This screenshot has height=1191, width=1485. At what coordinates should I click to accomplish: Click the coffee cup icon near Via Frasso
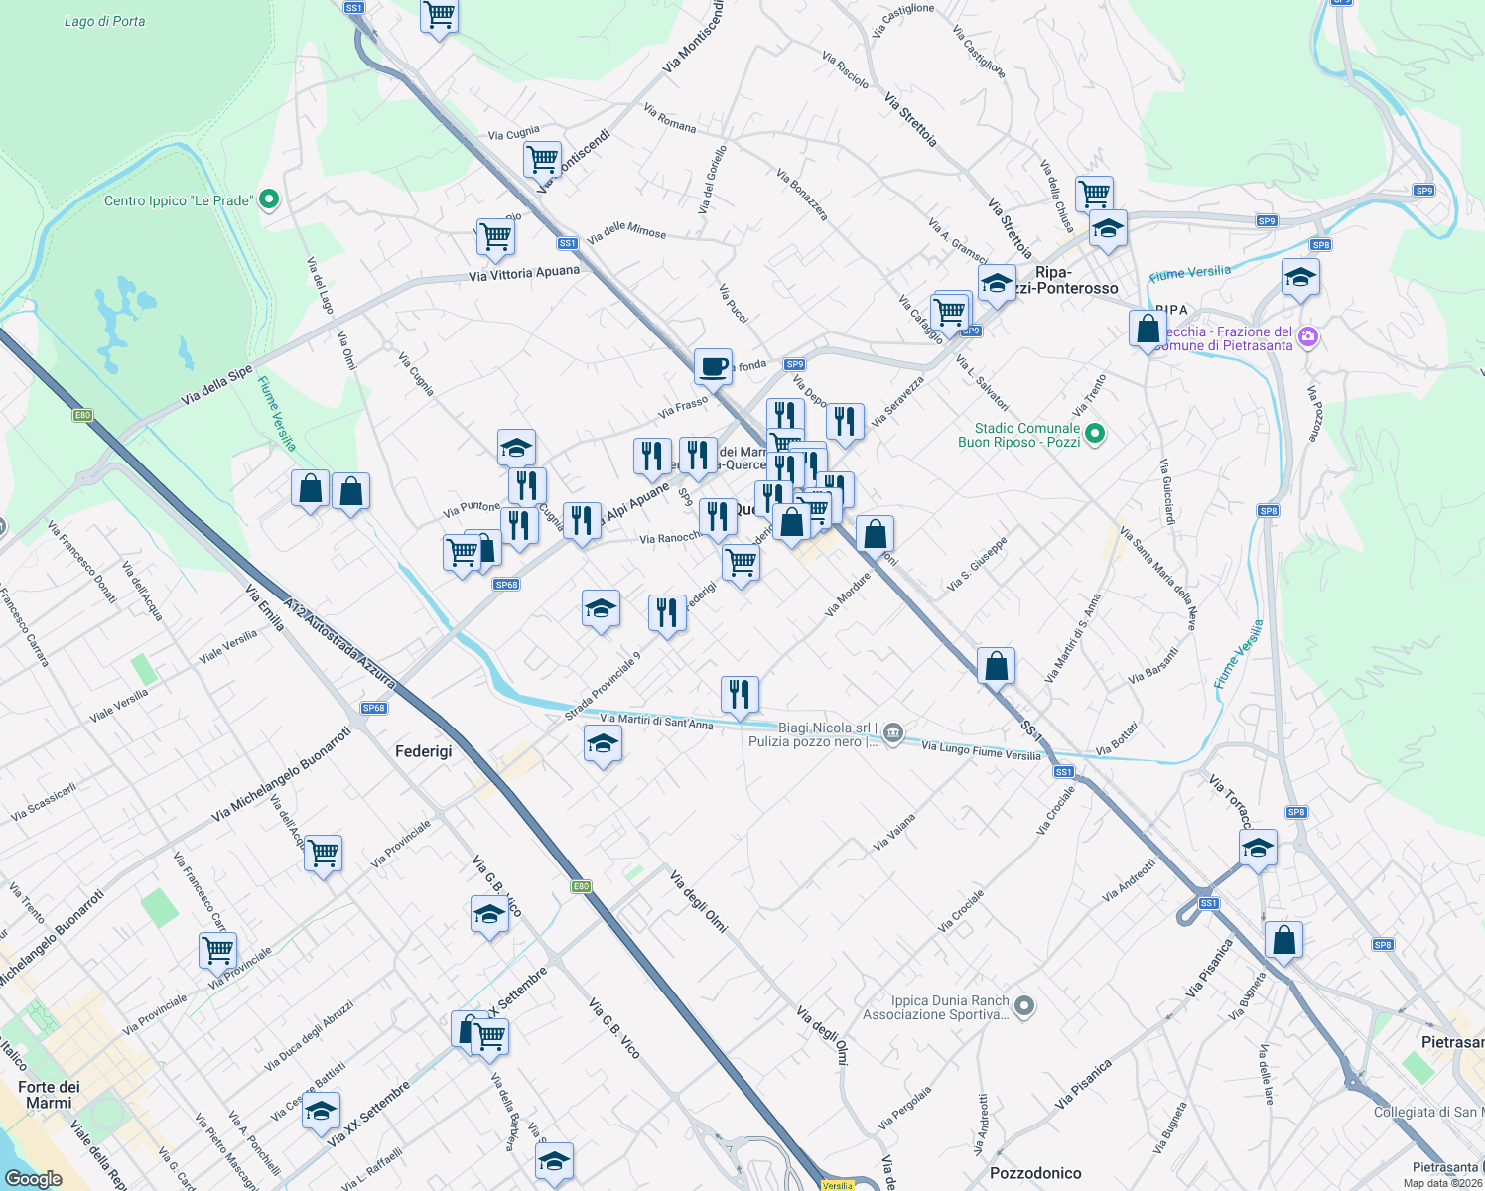pyautogui.click(x=713, y=366)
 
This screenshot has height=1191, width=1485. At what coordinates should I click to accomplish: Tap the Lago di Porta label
pyautogui.click(x=104, y=21)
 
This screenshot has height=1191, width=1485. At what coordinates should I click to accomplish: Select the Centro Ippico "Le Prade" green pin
pyautogui.click(x=268, y=200)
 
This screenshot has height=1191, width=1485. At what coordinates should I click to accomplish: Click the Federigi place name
pyautogui.click(x=424, y=751)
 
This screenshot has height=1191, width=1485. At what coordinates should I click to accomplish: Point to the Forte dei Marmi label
pyautogui.click(x=49, y=1095)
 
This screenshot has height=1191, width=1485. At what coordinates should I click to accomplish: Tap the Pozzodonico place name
pyautogui.click(x=1035, y=1173)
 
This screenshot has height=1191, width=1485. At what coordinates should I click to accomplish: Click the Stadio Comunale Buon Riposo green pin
pyautogui.click(x=1095, y=434)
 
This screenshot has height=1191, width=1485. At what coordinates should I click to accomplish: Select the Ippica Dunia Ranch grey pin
pyautogui.click(x=1024, y=1006)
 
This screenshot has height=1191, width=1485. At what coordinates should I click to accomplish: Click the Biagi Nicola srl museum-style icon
pyautogui.click(x=893, y=733)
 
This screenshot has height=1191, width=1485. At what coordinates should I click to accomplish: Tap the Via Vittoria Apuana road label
pyautogui.click(x=524, y=273)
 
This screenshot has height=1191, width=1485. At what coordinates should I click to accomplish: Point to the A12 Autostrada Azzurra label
pyautogui.click(x=339, y=643)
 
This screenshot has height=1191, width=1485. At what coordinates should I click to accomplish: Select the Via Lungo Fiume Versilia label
pyautogui.click(x=981, y=751)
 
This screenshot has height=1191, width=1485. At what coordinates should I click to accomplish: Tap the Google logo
pyautogui.click(x=33, y=1178)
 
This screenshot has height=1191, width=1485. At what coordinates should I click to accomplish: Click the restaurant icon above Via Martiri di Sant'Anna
pyautogui.click(x=739, y=694)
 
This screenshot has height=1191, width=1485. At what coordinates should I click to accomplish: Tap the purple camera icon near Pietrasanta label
pyautogui.click(x=1308, y=337)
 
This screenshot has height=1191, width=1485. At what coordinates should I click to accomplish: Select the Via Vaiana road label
pyautogui.click(x=893, y=833)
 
